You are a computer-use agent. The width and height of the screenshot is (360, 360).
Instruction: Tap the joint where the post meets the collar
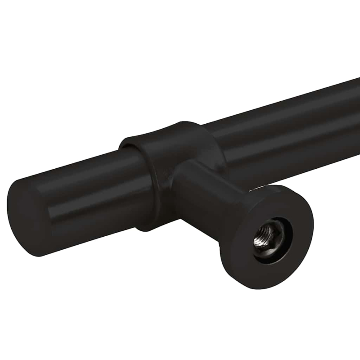pos(180,175)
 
